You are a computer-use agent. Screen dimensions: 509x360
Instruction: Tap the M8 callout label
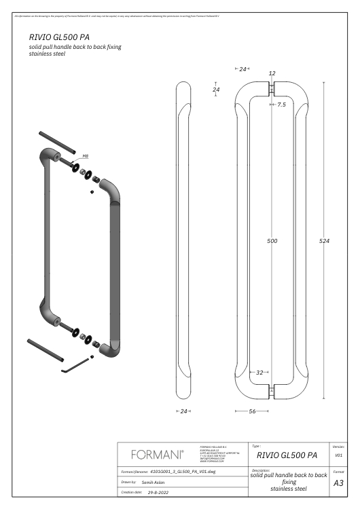pos(86,156)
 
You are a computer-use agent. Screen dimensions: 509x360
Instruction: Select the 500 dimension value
pos(272,241)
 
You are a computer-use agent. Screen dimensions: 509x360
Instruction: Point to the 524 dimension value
pos(324,241)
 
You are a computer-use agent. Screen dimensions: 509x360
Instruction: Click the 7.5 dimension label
pos(281,105)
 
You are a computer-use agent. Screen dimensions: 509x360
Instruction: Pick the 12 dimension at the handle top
pos(272,73)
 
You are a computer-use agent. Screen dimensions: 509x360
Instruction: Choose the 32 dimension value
pos(259,372)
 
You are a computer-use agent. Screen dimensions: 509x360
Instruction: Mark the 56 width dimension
pos(252,411)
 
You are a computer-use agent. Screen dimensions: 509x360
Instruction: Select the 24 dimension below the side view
pos(183,411)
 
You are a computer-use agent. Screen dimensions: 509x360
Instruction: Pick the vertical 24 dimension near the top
pos(216,90)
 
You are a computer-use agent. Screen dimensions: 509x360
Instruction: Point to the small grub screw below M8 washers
pos(92,192)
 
